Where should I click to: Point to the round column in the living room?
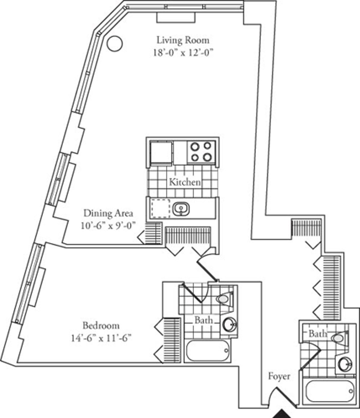coord(115,44)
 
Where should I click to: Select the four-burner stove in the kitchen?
coord(201,152)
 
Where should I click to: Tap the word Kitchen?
coord(184,182)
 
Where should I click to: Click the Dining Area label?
coord(108,214)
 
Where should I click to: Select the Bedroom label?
coord(101,326)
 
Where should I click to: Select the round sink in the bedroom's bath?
coord(230,325)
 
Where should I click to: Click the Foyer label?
coord(279,376)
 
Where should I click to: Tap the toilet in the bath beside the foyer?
coord(339,338)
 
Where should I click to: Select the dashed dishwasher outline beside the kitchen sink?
coord(160,207)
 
